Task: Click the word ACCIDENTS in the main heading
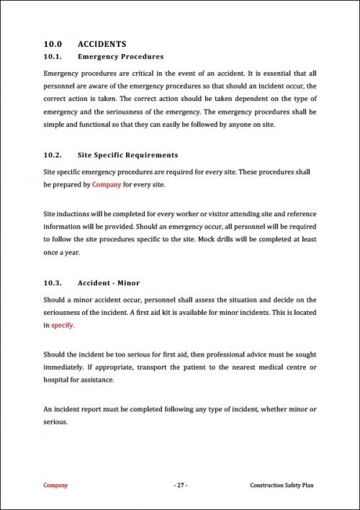(x=102, y=44)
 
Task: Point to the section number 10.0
(x=53, y=44)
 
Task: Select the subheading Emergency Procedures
(x=120, y=56)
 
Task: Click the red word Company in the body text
(x=107, y=185)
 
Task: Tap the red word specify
(x=63, y=325)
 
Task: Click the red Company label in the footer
(x=56, y=486)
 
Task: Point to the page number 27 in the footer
(x=180, y=486)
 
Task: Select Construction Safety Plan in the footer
(x=282, y=486)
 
